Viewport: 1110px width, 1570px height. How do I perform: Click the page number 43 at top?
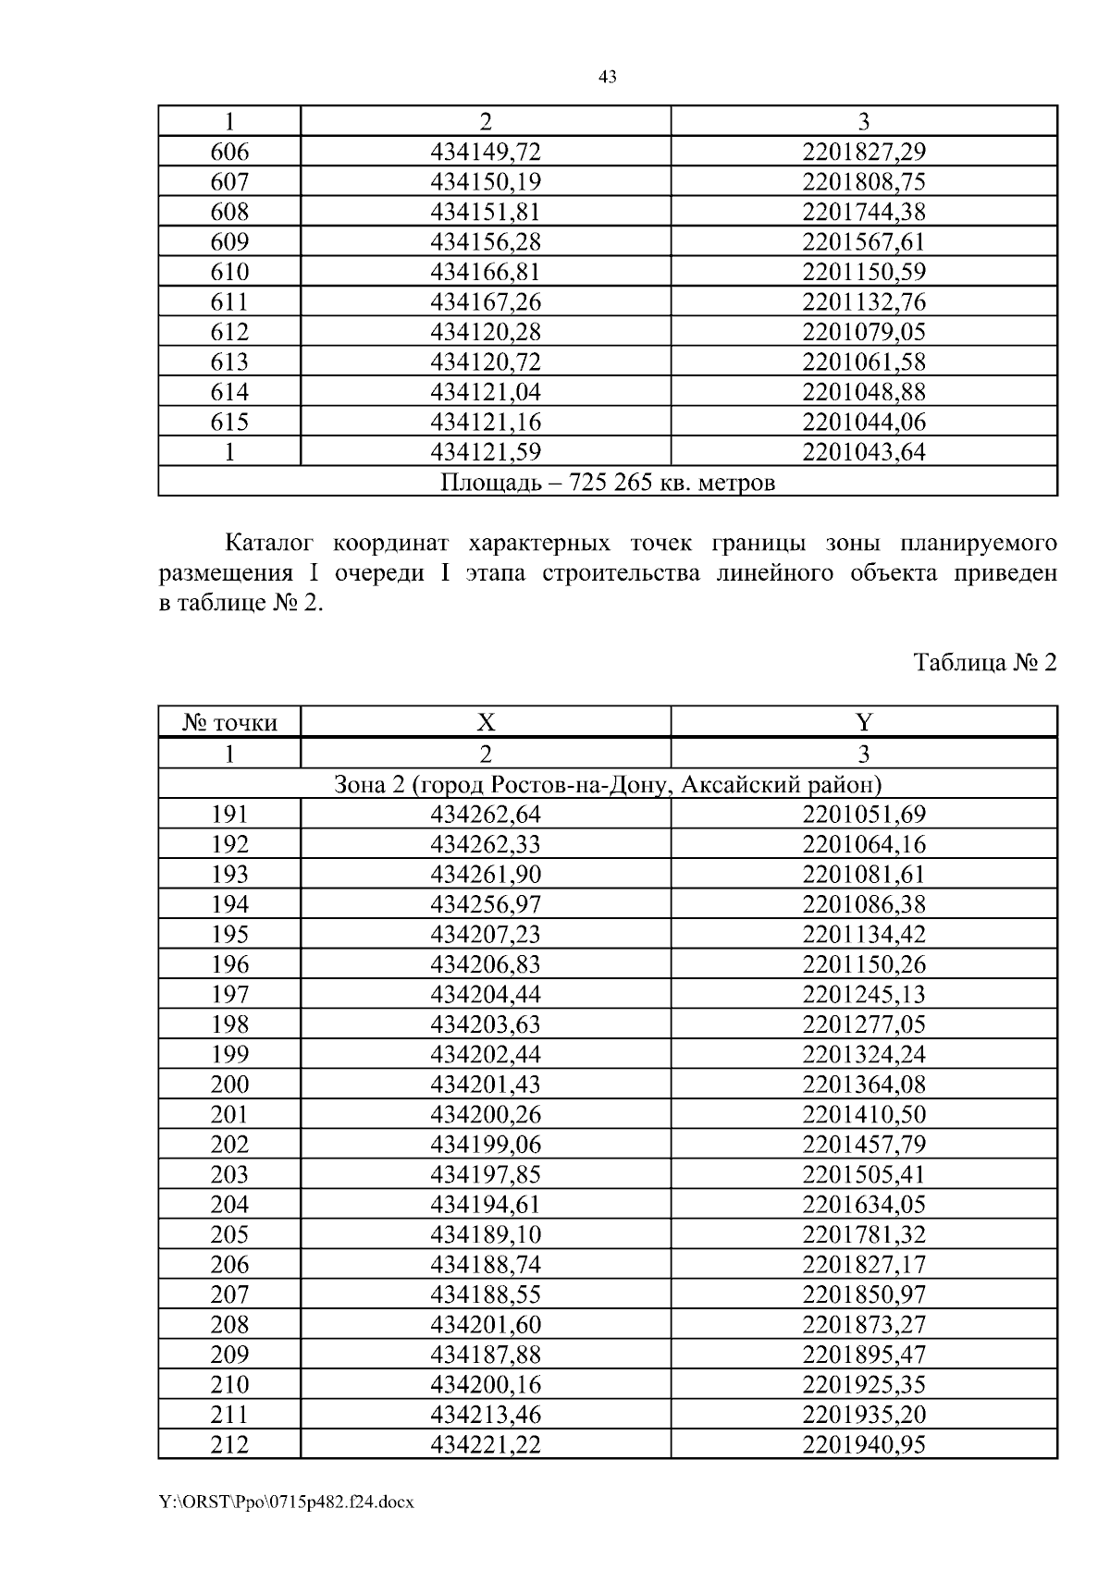click(608, 78)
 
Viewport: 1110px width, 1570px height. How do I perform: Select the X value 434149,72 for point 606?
click(486, 152)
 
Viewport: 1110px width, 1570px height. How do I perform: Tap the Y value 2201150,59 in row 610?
click(864, 272)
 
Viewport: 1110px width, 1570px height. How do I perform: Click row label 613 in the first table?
click(229, 362)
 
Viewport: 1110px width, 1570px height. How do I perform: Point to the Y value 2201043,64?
click(864, 452)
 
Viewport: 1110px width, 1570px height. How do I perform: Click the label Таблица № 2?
click(984, 663)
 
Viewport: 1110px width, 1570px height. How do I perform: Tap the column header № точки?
click(229, 722)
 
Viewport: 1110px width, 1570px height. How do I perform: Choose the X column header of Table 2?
click(486, 722)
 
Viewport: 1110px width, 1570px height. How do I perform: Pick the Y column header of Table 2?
click(864, 722)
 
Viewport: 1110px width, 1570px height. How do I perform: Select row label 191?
click(229, 815)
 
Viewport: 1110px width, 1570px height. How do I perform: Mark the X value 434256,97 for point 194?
click(486, 904)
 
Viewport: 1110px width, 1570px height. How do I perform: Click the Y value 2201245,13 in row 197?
click(864, 994)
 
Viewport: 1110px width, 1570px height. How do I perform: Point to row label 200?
click(229, 1085)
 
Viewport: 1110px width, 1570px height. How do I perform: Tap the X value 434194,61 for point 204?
click(486, 1205)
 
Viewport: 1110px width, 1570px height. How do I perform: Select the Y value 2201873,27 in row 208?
click(864, 1325)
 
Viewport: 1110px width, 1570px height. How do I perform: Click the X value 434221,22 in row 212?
click(486, 1444)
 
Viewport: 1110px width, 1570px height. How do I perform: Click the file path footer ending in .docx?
click(286, 1503)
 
